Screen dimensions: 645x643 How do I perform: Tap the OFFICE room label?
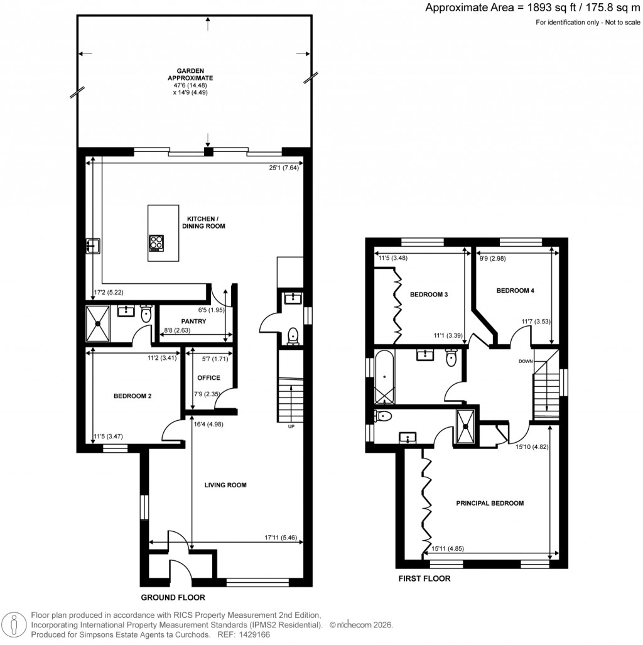208,378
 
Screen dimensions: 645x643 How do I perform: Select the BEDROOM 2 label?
132,396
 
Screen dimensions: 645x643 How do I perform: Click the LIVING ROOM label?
225,485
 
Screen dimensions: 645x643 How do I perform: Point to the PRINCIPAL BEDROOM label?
490,503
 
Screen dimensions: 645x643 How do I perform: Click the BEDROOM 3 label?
429,294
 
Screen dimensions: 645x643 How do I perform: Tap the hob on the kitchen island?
157,242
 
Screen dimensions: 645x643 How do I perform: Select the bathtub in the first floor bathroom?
384,377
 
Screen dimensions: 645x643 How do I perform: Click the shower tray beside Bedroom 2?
98,323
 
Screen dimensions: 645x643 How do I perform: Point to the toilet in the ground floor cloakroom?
292,337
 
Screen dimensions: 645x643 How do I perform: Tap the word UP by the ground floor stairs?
291,426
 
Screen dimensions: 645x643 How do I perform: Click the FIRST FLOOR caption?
425,578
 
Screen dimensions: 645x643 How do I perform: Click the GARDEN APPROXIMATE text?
195,75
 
